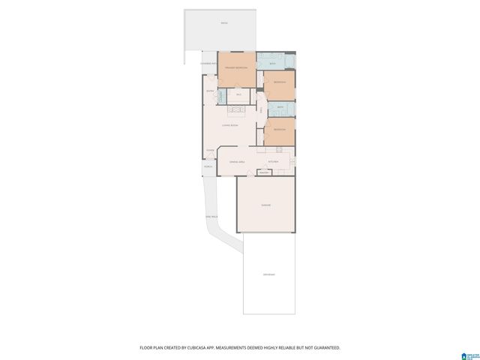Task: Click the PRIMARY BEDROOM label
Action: tap(237, 68)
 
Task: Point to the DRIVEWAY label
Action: tap(268, 274)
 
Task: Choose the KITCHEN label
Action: tap(274, 161)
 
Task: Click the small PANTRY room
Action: tap(263, 172)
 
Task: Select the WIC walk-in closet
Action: tap(238, 94)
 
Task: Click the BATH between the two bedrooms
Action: tap(279, 108)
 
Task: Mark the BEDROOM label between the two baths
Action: tap(279, 82)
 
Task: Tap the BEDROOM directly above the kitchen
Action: tap(279, 130)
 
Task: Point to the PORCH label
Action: tap(209, 167)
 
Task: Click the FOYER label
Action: tap(211, 150)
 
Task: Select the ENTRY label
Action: tap(211, 91)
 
